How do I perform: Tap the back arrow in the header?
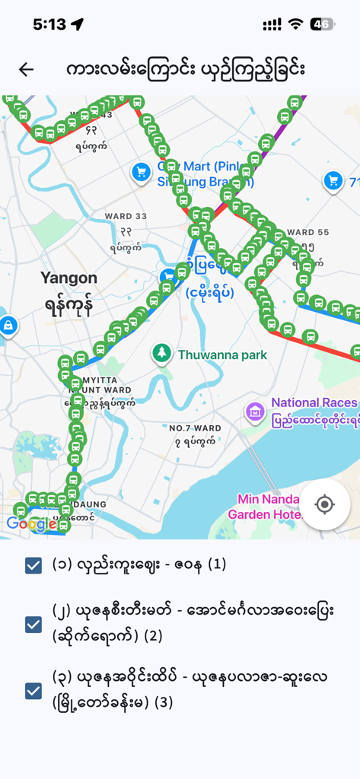27,69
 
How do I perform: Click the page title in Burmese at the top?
186,69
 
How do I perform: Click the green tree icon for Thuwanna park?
161,352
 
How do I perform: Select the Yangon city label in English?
68,278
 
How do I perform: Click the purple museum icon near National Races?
255,412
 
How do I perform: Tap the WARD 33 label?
126,216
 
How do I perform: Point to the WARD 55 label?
308,232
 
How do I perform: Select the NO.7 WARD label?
195,428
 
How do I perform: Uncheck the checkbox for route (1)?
33,565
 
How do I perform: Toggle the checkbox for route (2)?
33,625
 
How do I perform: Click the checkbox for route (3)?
33,691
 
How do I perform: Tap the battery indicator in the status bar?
323,24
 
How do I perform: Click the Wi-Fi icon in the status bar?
295,24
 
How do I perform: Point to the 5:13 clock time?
49,24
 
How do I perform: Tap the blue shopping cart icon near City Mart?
140,172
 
